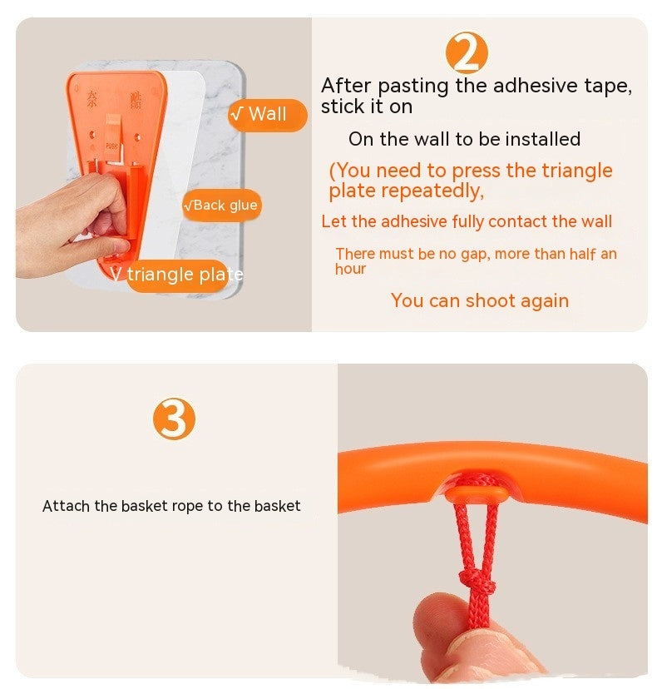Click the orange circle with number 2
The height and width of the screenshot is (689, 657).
467,53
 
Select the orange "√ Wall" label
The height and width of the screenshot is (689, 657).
266,115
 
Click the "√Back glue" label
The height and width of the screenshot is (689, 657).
221,205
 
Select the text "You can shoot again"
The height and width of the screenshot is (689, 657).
480,300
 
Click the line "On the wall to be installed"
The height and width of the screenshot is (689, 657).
464,139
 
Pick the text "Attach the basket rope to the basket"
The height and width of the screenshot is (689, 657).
171,506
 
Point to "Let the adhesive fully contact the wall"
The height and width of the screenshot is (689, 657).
467,221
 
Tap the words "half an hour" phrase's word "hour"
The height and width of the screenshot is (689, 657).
350,269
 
